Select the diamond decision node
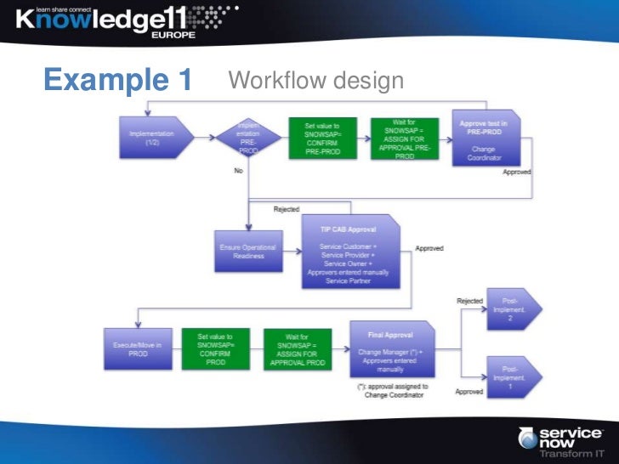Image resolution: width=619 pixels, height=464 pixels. pos(247,139)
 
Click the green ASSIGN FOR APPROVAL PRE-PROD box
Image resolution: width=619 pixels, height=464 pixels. pos(404,139)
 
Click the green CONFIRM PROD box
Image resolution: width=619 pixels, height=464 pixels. pos(215,348)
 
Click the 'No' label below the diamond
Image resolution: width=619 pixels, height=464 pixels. pos(239,171)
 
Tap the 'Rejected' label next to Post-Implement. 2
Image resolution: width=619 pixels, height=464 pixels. pos(469,300)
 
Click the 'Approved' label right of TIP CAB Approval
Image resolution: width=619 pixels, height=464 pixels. pos(429,249)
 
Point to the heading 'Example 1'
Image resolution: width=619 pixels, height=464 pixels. pos(117,81)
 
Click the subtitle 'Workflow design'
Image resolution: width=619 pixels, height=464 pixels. pos(315,82)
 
